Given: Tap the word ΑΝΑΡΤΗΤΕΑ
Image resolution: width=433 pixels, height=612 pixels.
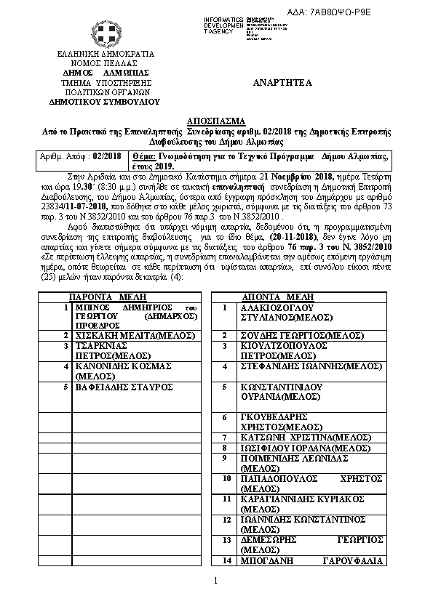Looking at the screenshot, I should tap(282, 83).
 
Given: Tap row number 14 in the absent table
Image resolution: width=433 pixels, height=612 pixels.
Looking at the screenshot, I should tap(225, 561).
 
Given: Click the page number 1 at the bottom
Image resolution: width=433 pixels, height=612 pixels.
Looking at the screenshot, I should tap(216, 580).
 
